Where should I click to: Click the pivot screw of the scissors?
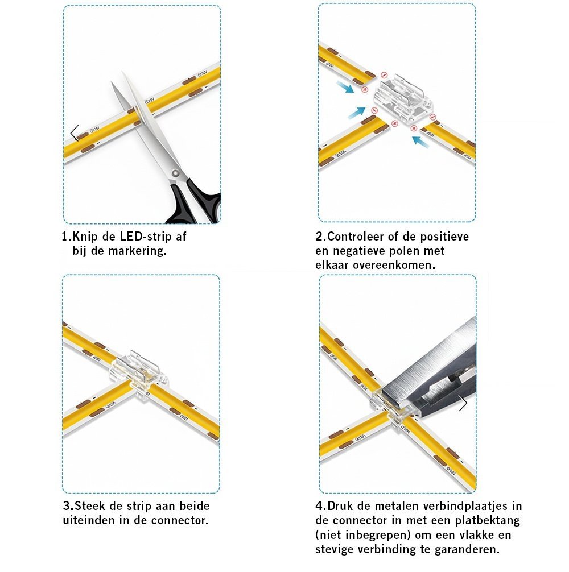pyautogui.click(x=176, y=172)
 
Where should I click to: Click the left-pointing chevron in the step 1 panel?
pyautogui.click(x=75, y=133)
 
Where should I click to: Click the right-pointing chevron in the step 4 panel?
pyautogui.click(x=463, y=403)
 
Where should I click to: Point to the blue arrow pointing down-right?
pyautogui.click(x=345, y=87)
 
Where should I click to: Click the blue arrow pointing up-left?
pyautogui.click(x=420, y=142)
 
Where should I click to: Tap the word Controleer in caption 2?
pyautogui.click(x=356, y=237)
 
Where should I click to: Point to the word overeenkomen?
pyautogui.click(x=394, y=265)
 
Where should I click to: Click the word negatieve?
pyautogui.click(x=359, y=251)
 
